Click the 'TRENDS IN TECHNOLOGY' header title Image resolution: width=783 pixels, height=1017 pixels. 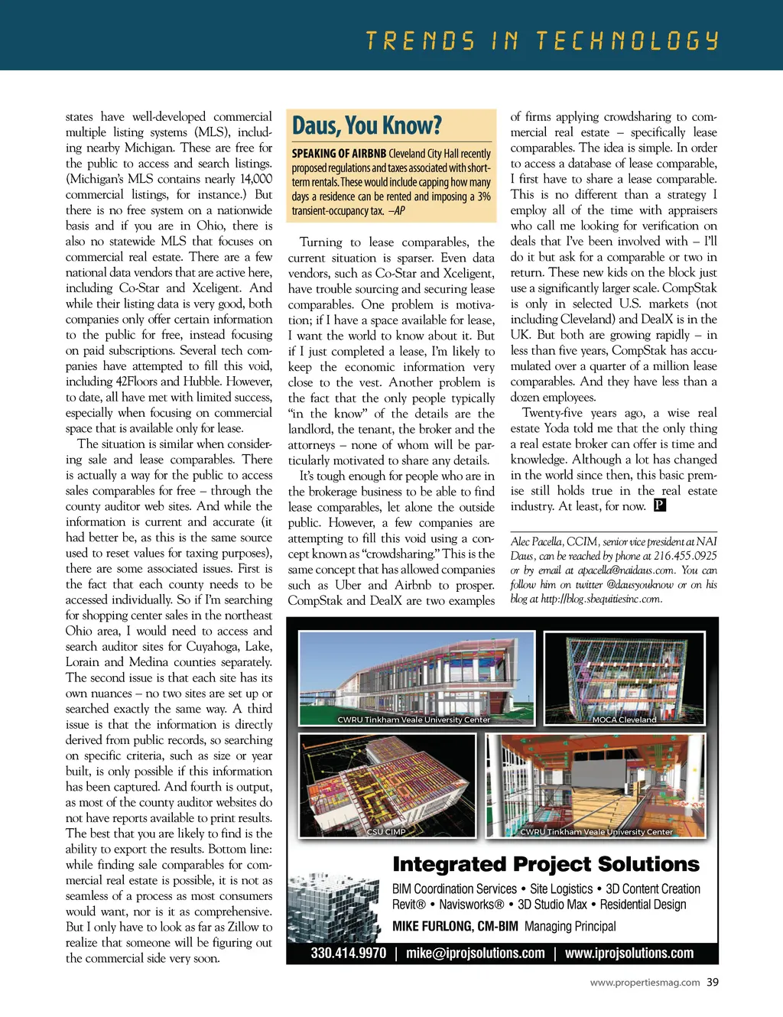(542, 41)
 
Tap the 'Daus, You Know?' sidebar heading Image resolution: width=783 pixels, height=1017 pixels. (367, 125)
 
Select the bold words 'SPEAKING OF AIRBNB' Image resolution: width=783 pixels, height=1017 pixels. (338, 154)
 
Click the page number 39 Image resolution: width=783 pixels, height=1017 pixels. (713, 983)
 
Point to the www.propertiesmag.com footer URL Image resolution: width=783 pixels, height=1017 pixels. (645, 983)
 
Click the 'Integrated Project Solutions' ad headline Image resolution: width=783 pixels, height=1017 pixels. (545, 864)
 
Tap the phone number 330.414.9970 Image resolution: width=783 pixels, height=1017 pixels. (348, 954)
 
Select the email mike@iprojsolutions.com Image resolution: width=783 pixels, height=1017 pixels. (475, 954)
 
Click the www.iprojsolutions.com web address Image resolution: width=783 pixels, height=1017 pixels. (629, 954)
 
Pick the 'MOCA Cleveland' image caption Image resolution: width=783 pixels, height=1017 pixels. (624, 720)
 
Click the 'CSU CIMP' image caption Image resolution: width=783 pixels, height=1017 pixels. (386, 832)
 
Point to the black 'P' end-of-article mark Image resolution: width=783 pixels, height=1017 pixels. (660, 505)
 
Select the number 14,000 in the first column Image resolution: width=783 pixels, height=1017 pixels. (255, 179)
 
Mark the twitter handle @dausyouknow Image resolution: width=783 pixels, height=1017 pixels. (639, 585)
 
